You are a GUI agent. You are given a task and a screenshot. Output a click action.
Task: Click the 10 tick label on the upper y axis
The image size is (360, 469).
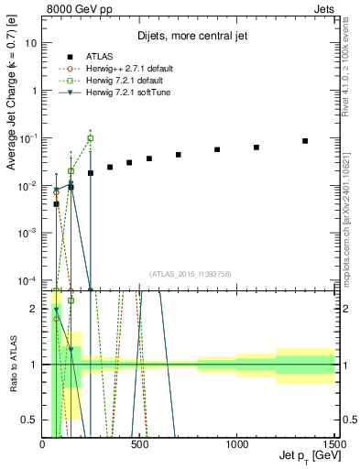click(x=31, y=43)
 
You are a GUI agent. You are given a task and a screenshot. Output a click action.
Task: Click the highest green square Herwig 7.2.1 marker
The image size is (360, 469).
click(x=90, y=138)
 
